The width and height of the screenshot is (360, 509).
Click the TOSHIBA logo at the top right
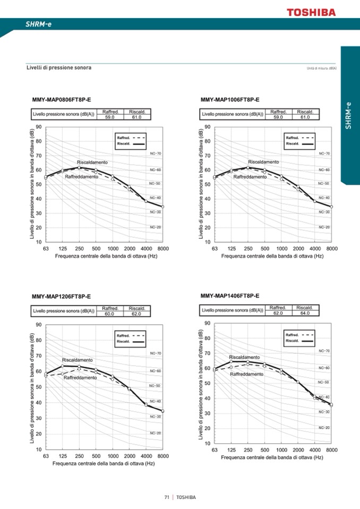(312, 12)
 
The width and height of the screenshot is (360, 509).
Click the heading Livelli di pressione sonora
(59, 68)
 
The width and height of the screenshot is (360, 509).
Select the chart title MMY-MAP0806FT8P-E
(62, 100)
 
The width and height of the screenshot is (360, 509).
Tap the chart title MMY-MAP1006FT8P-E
(230, 100)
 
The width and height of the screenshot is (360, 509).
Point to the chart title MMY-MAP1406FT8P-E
(230, 295)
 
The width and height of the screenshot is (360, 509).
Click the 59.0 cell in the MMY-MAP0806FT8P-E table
(110, 117)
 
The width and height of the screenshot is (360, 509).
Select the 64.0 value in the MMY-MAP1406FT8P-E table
(305, 313)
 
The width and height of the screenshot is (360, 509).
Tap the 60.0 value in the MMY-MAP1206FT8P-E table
(110, 314)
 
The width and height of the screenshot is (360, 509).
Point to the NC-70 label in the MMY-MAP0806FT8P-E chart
(156, 153)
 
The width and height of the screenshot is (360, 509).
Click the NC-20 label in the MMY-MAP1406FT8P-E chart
(324, 427)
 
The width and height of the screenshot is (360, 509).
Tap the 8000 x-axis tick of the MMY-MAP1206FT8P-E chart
(163, 456)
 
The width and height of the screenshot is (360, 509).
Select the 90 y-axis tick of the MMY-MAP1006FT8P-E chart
(207, 127)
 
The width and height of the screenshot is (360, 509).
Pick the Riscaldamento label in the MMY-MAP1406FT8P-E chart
(244, 357)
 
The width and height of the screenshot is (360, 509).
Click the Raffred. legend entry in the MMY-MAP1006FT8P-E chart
(293, 137)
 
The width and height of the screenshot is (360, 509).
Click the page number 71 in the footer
(167, 497)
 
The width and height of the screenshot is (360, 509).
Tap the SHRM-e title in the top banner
(39, 24)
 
